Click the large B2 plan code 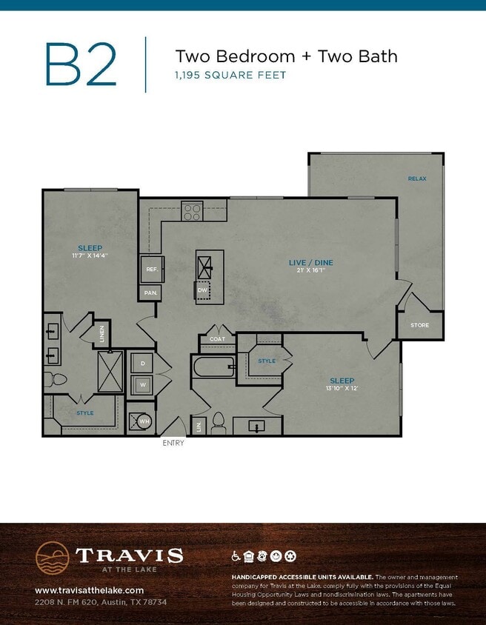(81, 64)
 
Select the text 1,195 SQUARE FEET (230, 75)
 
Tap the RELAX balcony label (417, 178)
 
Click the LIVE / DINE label (310, 263)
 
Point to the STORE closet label (420, 325)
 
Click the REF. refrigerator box (151, 270)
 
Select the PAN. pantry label (150, 293)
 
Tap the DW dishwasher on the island (203, 290)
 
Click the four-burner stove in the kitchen (193, 211)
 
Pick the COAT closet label (217, 339)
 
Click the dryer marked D (142, 364)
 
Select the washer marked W (142, 384)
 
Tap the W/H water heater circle (142, 421)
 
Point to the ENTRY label (173, 443)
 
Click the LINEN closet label (102, 334)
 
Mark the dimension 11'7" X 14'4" (90, 255)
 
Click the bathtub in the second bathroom (213, 365)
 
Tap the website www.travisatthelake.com (89, 590)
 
